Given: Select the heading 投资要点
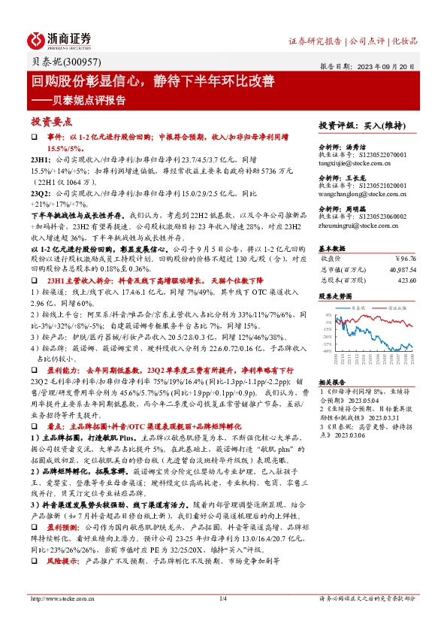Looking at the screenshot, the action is click(x=52, y=121).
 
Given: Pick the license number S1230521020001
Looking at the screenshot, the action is click(x=381, y=184).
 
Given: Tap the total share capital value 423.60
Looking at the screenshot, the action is click(x=405, y=280).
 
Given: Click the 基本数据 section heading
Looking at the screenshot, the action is click(x=332, y=247).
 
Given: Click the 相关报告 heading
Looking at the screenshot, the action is click(x=332, y=383).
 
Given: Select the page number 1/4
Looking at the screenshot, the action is click(x=222, y=619).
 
